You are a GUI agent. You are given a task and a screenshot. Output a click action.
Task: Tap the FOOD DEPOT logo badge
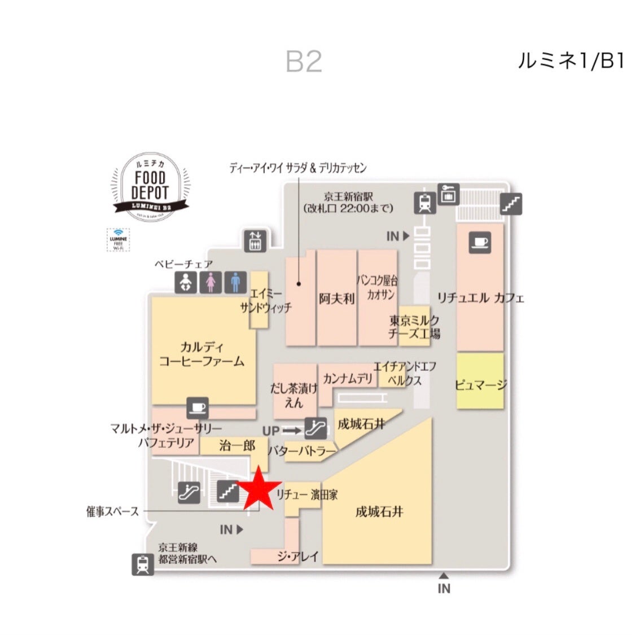pyautogui.click(x=150, y=186)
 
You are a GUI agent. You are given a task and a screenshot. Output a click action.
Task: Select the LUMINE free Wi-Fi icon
pyautogui.click(x=118, y=239)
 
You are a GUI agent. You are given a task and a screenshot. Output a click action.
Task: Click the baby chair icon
pyautogui.click(x=186, y=282)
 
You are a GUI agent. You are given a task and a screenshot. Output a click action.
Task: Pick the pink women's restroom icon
pyautogui.click(x=211, y=282)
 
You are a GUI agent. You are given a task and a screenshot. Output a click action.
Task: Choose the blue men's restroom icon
pyautogui.click(x=235, y=282)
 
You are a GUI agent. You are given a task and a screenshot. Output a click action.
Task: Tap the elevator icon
pyautogui.click(x=254, y=240)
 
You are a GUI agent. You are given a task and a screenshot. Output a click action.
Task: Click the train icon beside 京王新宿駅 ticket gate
pyautogui.click(x=425, y=203)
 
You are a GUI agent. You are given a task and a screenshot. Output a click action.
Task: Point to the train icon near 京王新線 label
pyautogui.click(x=143, y=564)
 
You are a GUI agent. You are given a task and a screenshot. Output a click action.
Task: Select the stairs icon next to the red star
pyautogui.click(x=229, y=491)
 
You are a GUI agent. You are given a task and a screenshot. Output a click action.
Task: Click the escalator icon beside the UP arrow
pyautogui.click(x=315, y=428)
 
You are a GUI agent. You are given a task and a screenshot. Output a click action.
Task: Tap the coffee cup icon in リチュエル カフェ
pyautogui.click(x=479, y=243)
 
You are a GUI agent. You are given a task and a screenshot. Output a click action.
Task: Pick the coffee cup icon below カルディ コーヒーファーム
pyautogui.click(x=197, y=408)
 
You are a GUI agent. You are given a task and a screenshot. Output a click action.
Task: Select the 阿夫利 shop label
pyautogui.click(x=336, y=298)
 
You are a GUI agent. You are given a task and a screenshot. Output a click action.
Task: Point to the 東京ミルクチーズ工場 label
pyautogui.click(x=414, y=327)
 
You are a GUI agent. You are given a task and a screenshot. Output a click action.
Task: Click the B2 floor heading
pyautogui.click(x=304, y=62)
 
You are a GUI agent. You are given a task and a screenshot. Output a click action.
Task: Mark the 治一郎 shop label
pyautogui.click(x=237, y=446)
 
